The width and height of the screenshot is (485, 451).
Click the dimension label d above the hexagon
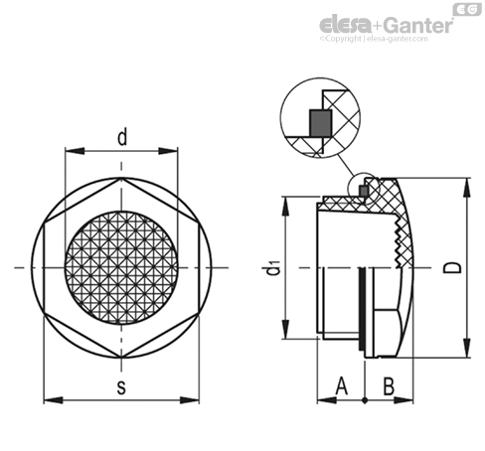tap(122, 138)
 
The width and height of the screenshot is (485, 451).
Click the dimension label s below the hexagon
tap(121, 387)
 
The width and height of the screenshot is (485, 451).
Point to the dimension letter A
tap(342, 385)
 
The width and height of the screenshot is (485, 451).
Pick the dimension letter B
tap(389, 385)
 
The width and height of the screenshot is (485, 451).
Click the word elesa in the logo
tap(346, 25)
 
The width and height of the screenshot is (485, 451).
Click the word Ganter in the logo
tap(419, 25)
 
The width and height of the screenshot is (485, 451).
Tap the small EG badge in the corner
tap(467, 10)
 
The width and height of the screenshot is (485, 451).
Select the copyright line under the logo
tap(374, 39)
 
